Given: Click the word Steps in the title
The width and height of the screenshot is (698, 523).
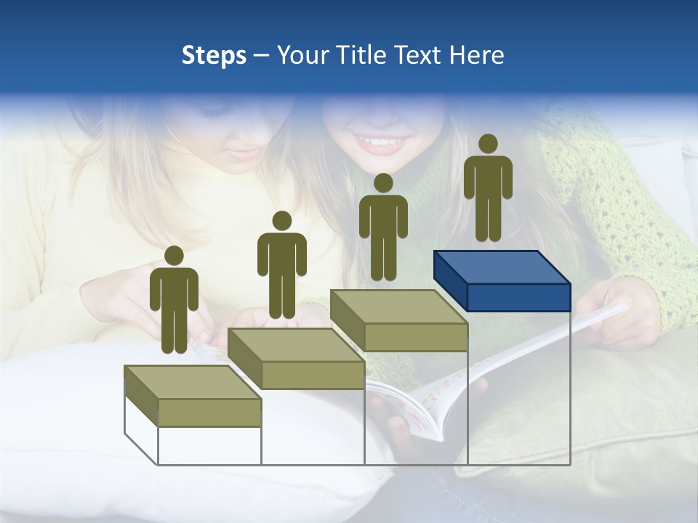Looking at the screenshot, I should tap(214, 55).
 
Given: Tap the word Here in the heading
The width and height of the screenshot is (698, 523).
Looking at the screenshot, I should tap(477, 55).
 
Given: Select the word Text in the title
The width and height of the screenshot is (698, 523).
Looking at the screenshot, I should tap(420, 55).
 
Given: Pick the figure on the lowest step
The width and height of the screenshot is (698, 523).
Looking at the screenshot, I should tap(174, 301).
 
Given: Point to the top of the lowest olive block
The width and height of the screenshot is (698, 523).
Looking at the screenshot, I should tap(193, 382).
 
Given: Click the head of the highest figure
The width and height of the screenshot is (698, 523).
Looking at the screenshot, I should tap(488, 144).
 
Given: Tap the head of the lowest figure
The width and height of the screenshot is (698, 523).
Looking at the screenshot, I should tap(174, 256).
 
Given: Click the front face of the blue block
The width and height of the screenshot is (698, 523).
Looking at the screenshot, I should tap(518, 297).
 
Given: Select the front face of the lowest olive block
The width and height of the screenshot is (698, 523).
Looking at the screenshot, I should tap(209, 413).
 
